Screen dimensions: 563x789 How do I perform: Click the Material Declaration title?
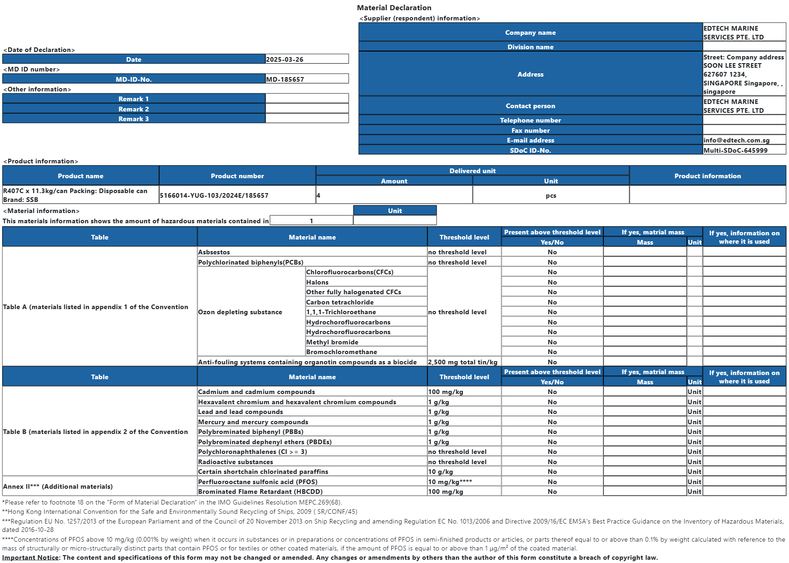point(394,8)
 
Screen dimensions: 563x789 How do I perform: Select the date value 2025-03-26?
point(285,59)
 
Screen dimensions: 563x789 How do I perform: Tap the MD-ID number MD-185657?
point(285,79)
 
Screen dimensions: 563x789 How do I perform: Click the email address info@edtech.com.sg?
point(736,140)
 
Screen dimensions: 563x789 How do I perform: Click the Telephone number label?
point(530,120)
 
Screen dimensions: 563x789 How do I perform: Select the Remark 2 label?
point(134,109)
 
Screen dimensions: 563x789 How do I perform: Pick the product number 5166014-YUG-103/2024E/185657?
point(214,195)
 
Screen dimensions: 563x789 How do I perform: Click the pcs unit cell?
point(551,195)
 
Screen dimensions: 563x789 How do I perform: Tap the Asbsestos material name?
point(214,252)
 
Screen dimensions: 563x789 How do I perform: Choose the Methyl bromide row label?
point(332,342)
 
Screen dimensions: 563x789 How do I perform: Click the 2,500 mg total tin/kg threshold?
point(463,362)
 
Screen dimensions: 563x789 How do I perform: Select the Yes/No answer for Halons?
point(552,282)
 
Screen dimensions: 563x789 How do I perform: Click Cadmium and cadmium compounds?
point(257,392)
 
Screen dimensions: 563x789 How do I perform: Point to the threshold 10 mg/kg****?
point(450,482)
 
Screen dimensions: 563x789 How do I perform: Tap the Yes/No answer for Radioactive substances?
point(552,462)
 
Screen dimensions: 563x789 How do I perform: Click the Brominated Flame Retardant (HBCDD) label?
point(260,492)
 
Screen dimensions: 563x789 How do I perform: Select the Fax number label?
point(530,130)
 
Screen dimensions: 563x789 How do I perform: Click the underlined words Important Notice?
point(31,557)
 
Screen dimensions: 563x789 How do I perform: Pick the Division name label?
point(530,47)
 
